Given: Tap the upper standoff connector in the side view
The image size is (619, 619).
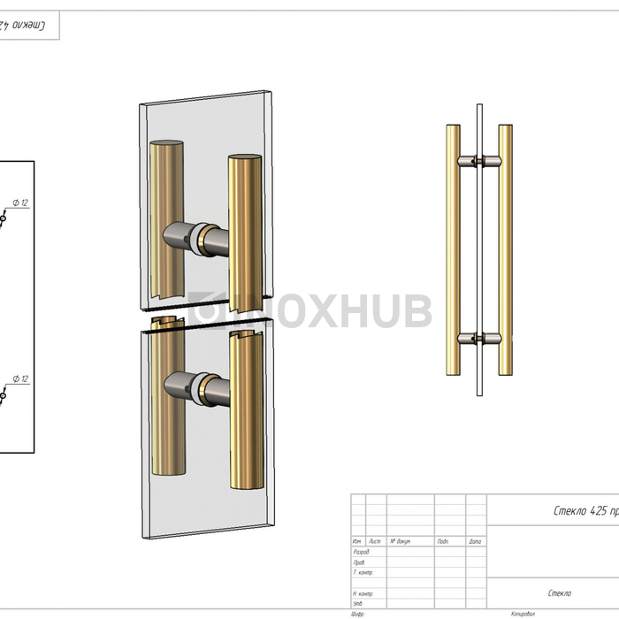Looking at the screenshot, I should click(478, 161).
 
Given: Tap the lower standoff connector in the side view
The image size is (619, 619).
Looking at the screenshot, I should click(478, 338).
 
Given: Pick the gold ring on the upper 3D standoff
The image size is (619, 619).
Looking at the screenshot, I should click(204, 237).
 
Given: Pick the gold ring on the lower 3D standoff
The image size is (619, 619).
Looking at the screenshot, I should click(204, 386).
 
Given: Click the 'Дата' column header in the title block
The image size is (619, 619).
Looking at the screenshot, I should click(475, 541).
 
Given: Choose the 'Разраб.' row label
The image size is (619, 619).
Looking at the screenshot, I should click(361, 552).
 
